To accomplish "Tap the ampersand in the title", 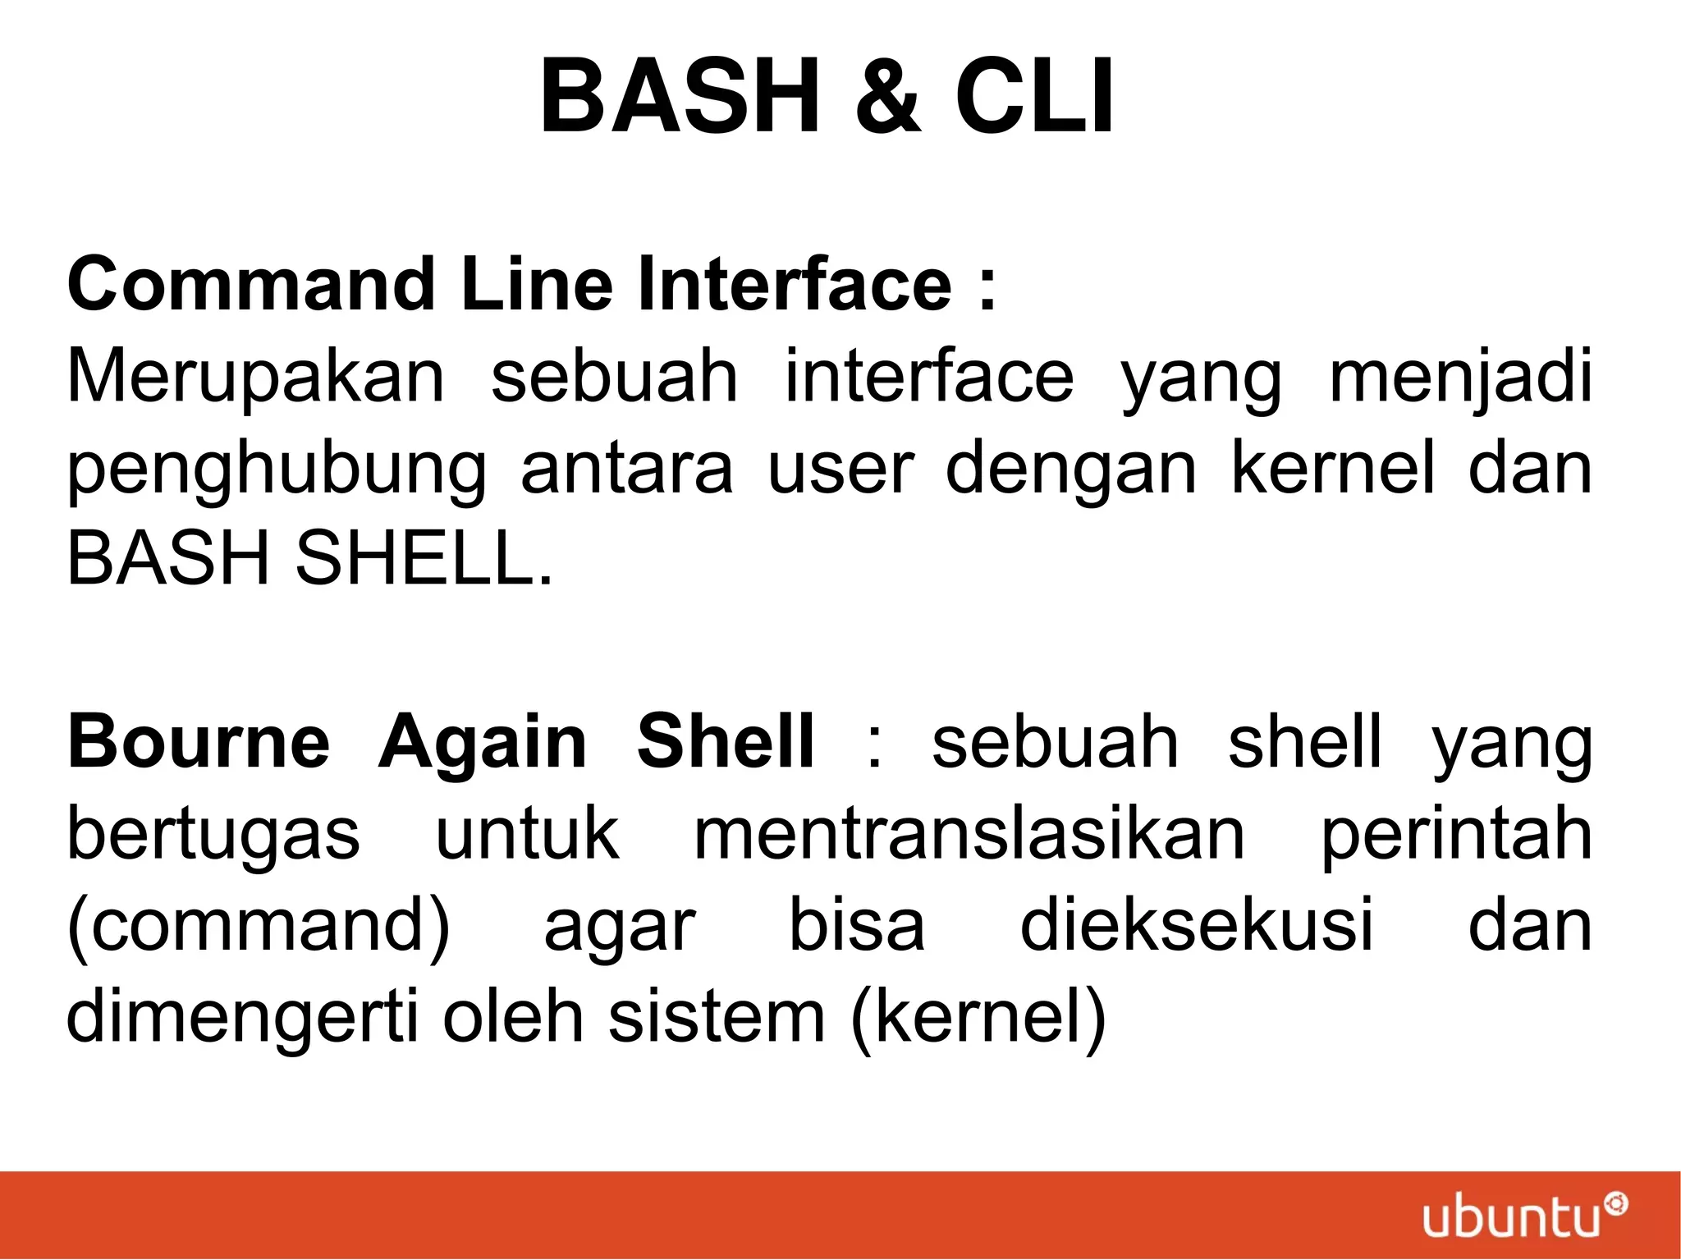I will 886,96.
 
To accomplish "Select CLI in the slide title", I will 1034,96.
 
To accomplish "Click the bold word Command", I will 250,284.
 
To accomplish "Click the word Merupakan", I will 255,378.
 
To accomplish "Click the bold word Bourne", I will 199,742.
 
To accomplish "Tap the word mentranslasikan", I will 969,834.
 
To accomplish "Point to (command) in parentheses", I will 259,927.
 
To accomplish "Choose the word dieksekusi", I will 1196,925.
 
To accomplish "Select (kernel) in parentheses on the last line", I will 978,1018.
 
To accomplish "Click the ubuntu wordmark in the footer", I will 1511,1218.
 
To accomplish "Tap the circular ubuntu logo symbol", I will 1616,1205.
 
